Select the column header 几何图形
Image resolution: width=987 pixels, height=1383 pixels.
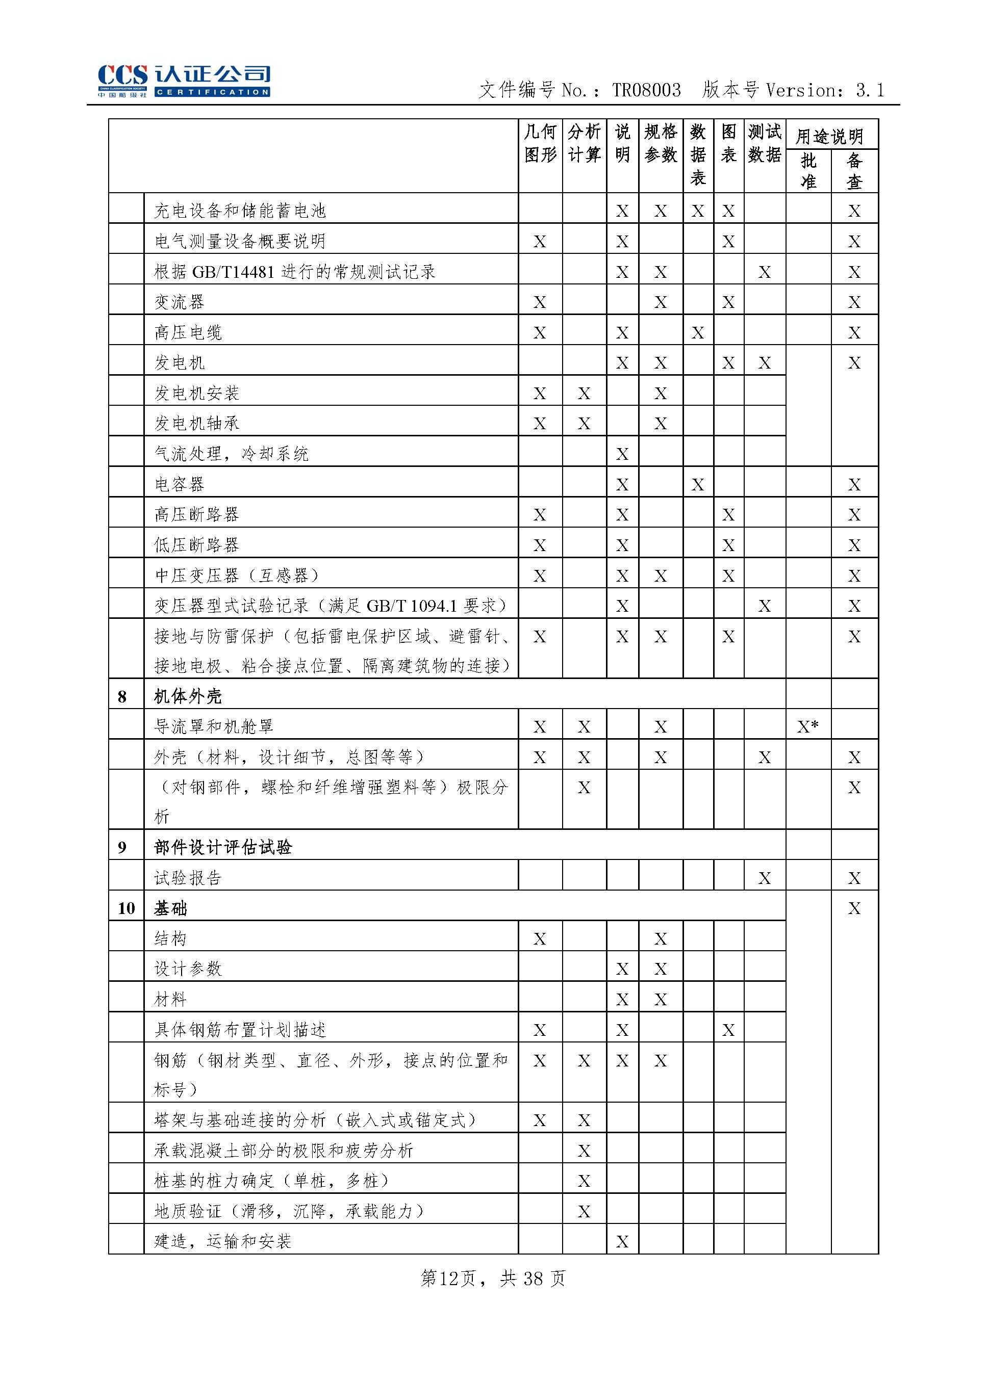pos(540,143)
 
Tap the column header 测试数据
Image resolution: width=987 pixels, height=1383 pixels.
pos(765,143)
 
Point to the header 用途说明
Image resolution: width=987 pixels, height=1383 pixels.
pos(830,136)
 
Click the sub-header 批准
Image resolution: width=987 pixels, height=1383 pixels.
pos(808,171)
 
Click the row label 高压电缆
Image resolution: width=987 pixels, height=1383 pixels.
pos(188,332)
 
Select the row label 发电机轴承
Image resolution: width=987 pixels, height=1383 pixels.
pos(196,423)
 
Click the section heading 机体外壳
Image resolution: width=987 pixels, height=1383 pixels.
pos(188,696)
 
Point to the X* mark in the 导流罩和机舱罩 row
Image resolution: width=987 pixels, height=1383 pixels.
pos(808,726)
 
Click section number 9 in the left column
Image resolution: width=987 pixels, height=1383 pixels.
pos(122,847)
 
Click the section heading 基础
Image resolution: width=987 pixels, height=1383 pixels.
pos(171,908)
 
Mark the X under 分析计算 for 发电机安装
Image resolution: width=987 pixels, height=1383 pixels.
pos(584,393)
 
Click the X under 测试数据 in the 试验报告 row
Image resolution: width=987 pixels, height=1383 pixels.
pos(765,878)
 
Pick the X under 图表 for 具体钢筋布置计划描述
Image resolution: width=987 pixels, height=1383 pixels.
pos(728,1030)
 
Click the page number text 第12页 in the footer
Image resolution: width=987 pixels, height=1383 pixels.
pos(448,1278)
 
